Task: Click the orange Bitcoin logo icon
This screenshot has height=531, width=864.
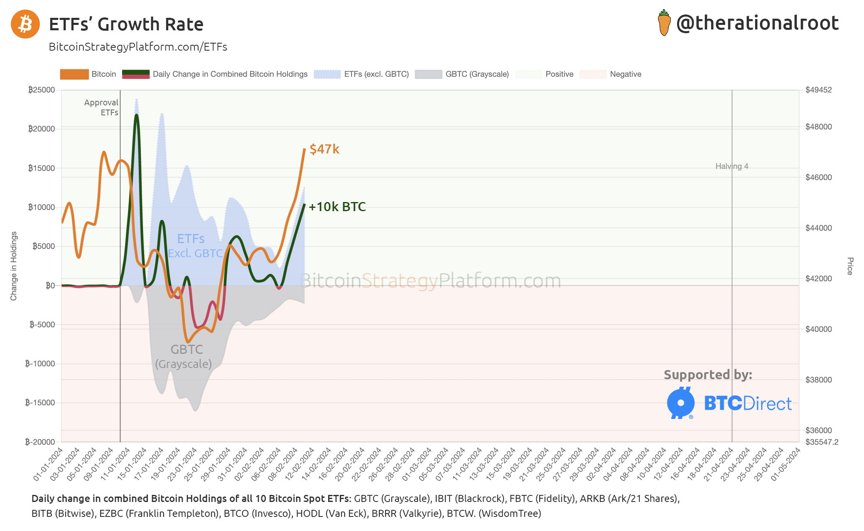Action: [25, 24]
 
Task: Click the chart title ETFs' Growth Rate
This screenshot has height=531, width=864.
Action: [126, 24]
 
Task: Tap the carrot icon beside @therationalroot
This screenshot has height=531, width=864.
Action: [664, 23]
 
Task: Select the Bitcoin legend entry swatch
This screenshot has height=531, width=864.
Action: [74, 74]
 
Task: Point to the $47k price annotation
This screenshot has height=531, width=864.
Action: [324, 149]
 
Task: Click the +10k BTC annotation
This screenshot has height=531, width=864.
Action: [337, 207]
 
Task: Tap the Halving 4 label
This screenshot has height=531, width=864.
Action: [731, 166]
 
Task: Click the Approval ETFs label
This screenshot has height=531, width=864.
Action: [101, 107]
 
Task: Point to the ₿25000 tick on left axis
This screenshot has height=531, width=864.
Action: [42, 90]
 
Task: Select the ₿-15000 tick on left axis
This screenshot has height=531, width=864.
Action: [40, 402]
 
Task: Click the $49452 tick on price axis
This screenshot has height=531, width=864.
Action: [818, 90]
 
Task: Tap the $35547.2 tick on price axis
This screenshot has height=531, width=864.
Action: [822, 442]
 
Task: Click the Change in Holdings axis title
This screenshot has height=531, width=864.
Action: [14, 266]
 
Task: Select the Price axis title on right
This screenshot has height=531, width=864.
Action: [850, 266]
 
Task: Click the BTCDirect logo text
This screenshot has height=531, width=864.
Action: [748, 403]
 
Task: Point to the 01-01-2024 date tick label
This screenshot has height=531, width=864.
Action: [48, 464]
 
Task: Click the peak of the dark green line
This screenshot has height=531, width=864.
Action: [136, 115]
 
